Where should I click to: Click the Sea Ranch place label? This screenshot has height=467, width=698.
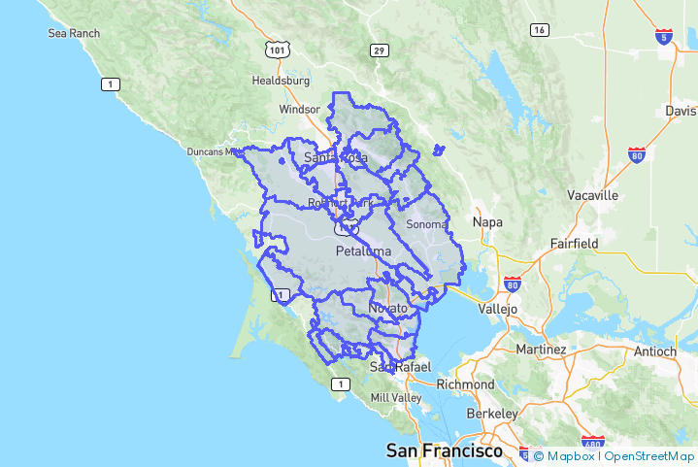[x=74, y=33]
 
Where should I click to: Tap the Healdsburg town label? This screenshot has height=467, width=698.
[x=281, y=81]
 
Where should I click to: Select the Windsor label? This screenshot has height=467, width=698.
[x=298, y=110]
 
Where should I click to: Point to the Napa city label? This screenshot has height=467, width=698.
[x=487, y=221]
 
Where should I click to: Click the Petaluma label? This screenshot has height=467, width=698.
[x=363, y=250]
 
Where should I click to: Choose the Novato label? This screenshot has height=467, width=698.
[x=388, y=308]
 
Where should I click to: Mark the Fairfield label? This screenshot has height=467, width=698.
[x=578, y=244]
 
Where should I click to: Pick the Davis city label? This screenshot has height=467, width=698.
[x=681, y=111]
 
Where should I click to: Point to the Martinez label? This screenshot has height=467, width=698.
[x=541, y=349]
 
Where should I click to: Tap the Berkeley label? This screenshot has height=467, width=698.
[x=492, y=414]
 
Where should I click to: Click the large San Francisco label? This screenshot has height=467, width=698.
[x=445, y=451]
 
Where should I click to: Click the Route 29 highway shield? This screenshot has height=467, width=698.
[x=379, y=50]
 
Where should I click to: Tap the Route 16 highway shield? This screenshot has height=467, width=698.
[x=539, y=30]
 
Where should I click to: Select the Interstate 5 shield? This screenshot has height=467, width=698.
[x=664, y=37]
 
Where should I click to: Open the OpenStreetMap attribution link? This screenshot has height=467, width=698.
[x=649, y=455]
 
